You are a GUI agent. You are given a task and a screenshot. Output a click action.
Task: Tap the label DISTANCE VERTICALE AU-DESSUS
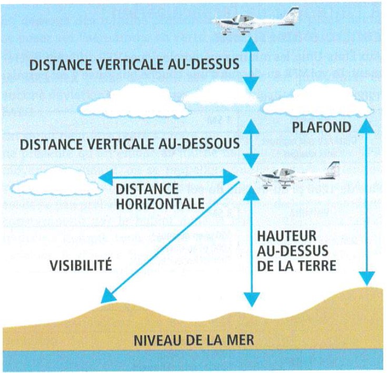click(134, 64)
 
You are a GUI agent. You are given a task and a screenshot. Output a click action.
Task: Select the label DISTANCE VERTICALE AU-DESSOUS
click(130, 143)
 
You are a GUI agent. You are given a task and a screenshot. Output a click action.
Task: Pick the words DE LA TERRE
click(297, 266)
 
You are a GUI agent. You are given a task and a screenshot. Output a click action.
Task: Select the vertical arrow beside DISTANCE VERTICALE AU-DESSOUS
click(251, 143)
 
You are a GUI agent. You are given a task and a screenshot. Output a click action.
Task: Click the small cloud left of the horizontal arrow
click(57, 182)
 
